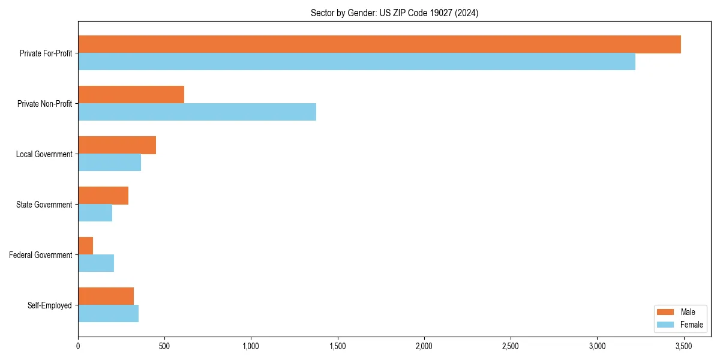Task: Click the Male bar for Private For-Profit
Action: click(x=379, y=44)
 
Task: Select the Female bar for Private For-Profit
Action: click(x=356, y=62)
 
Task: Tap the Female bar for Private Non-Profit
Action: click(x=197, y=112)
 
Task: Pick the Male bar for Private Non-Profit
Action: click(x=131, y=95)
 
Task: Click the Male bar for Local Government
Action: click(x=117, y=145)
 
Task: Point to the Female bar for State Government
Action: click(x=95, y=213)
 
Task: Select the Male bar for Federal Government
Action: click(x=85, y=246)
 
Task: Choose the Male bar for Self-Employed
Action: click(x=106, y=296)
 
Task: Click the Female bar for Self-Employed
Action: click(x=108, y=314)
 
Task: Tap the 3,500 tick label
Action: click(x=683, y=346)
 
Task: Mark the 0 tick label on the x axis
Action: click(x=78, y=346)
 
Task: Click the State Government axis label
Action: click(x=44, y=205)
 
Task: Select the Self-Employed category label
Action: click(x=49, y=305)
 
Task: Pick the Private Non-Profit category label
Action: click(x=44, y=104)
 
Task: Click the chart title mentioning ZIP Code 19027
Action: click(x=394, y=13)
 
